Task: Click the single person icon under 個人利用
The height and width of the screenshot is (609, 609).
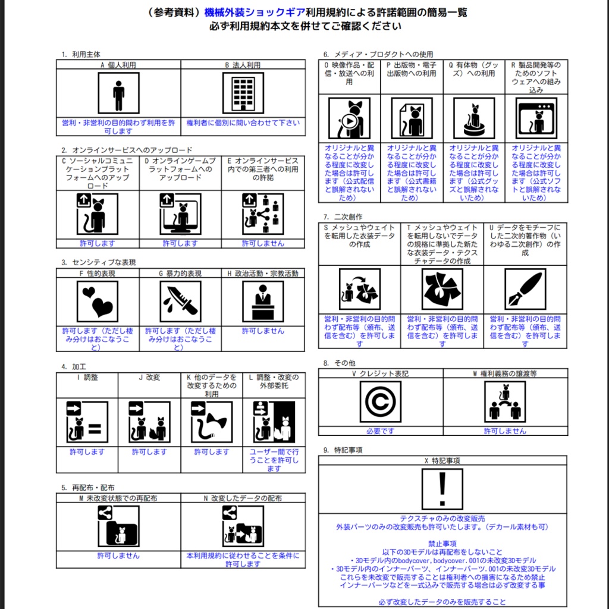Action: click(x=118, y=93)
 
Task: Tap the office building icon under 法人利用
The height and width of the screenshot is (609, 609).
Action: click(x=243, y=93)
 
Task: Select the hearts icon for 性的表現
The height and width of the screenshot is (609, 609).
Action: click(x=98, y=302)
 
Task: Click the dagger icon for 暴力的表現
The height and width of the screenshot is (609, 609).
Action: click(x=180, y=302)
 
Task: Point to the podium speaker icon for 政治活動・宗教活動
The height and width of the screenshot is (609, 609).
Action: click(x=263, y=302)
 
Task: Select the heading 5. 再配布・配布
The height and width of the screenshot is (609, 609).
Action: click(x=88, y=488)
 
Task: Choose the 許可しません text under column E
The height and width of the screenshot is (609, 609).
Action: click(x=263, y=243)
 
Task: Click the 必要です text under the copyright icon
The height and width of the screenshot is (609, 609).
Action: click(x=380, y=431)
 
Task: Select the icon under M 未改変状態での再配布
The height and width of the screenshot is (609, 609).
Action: click(x=118, y=526)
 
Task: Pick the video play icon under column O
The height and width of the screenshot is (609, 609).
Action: click(x=349, y=118)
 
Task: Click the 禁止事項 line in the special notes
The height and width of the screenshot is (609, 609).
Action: click(x=442, y=544)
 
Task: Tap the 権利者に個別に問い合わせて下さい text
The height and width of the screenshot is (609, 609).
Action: click(x=243, y=123)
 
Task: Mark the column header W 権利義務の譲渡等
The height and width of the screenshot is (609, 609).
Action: click(x=504, y=373)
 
